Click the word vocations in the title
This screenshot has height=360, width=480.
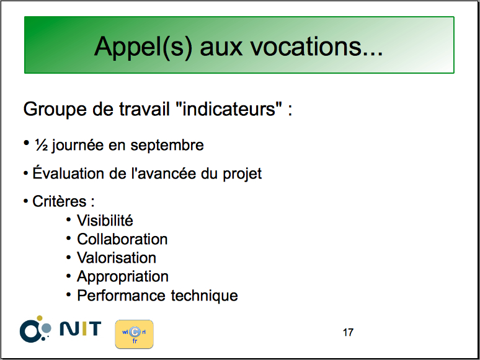coord(316,46)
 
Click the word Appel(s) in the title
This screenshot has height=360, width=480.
coord(143,47)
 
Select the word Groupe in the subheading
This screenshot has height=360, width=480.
coord(55,110)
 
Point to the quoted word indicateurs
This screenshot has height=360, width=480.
coord(229,108)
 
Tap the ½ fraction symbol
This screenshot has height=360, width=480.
coord(42,145)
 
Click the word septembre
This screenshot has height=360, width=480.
coord(167,146)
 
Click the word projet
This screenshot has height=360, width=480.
coord(242,174)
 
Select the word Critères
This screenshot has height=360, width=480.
coord(60,201)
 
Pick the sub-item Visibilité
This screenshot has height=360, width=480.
coord(105,220)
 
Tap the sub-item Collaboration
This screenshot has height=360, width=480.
coord(122,239)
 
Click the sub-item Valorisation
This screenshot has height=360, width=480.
coord(117,258)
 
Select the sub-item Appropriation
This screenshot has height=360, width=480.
coord(122,277)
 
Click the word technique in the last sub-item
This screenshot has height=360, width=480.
coord(204,296)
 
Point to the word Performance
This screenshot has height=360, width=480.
coord(120,296)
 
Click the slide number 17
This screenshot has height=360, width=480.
coord(348,332)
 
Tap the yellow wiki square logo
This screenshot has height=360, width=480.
coord(134,334)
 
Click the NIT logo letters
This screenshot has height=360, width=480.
coord(80,328)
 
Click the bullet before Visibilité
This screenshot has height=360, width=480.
coord(69,219)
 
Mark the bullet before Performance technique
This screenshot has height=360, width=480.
coord(69,295)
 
